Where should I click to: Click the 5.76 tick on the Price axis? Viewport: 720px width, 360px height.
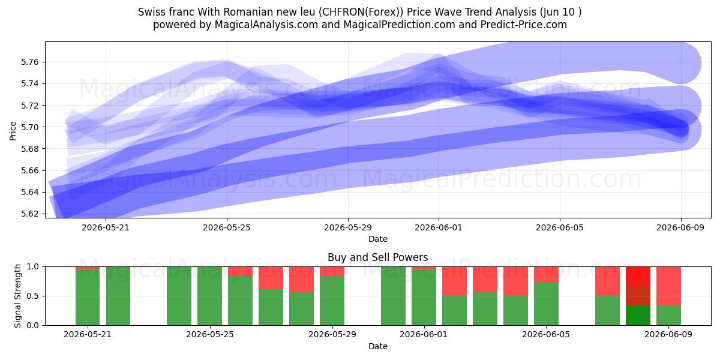[29, 62]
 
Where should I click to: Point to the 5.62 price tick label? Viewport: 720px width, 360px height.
[29, 214]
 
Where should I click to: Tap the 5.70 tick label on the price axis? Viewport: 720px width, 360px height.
[29, 127]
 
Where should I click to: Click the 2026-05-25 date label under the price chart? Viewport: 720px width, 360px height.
[227, 227]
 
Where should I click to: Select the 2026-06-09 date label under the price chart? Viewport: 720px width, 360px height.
[680, 227]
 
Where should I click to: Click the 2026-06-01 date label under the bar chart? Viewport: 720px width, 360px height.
[424, 334]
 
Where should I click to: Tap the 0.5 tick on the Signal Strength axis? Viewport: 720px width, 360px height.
[33, 296]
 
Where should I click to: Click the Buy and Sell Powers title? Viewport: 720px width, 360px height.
[377, 257]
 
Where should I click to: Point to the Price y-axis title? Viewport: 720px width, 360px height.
[13, 131]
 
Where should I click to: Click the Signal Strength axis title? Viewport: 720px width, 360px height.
[17, 296]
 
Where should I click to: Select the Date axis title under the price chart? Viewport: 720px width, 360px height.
[377, 239]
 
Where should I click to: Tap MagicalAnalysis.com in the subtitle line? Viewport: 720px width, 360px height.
[266, 25]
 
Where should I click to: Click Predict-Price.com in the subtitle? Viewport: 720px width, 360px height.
[524, 25]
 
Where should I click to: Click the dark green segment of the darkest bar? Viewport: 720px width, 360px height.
[638, 316]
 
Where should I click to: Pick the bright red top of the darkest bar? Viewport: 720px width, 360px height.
[638, 276]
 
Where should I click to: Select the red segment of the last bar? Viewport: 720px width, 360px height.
[668, 286]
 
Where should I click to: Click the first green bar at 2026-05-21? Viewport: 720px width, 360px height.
[88, 298]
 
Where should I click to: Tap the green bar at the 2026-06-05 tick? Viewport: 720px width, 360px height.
[546, 304]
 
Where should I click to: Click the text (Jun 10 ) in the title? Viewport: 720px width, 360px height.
[561, 12]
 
